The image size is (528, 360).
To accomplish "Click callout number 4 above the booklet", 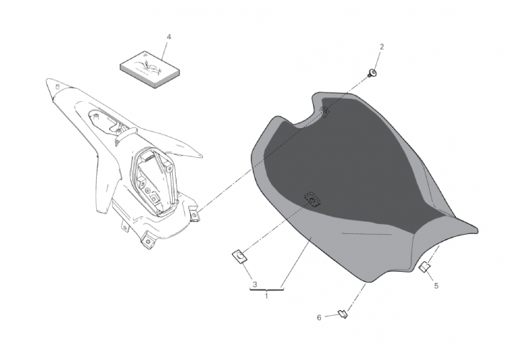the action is coord(169,37).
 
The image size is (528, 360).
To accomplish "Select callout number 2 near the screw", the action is coord(381,47).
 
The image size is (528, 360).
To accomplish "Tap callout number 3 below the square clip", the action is coord(255,285).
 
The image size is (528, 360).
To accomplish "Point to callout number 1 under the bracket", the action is coord(266,297).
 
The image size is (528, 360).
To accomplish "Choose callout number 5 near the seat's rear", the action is coord(436,286).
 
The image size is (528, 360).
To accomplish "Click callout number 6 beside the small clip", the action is coord(319,317).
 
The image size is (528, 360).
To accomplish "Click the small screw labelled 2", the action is coord(372,73).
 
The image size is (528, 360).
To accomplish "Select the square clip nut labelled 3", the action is coord(240,257).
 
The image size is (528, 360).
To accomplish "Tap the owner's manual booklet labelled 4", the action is coord(150,70).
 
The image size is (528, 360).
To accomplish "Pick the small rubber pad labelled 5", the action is coord(424,267).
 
